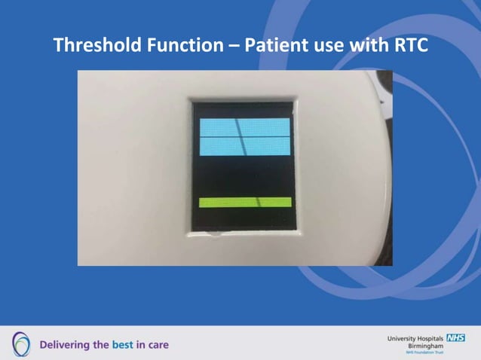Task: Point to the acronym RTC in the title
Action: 409,45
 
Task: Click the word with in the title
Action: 367,45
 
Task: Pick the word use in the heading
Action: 325,47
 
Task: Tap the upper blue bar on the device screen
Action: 244,127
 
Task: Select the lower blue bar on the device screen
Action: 244,146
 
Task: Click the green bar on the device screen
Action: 244,202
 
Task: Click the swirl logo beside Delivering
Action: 22,343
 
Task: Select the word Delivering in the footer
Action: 65,345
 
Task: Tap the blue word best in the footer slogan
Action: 123,345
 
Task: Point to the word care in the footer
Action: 158,345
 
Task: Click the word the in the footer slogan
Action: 102,345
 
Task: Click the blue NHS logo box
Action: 455,338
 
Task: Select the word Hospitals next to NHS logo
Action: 432,339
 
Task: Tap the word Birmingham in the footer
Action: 425,346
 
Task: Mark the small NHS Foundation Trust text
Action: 425,352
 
